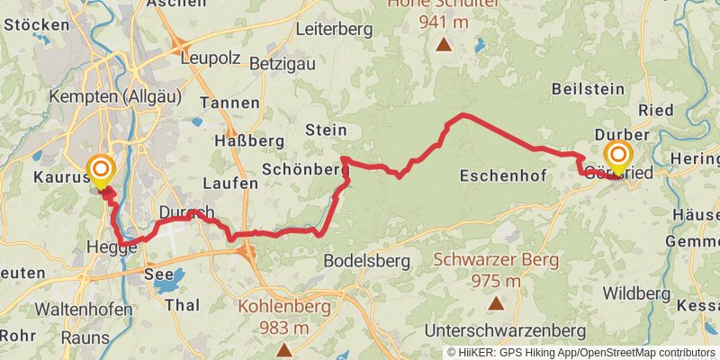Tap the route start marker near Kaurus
pyautogui.click(x=100, y=168)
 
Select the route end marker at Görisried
pyautogui.click(x=617, y=155)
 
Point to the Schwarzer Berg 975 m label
pyautogui.click(x=495, y=270)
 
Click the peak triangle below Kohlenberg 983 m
pyautogui.click(x=285, y=349)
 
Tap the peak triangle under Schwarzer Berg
pyautogui.click(x=495, y=303)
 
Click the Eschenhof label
pyautogui.click(x=503, y=175)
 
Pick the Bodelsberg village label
pyautogui.click(x=366, y=261)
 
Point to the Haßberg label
pyautogui.click(x=249, y=140)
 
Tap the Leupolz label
pyautogui.click(x=211, y=58)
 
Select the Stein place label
pyautogui.click(x=326, y=130)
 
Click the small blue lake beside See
pyautogui.click(x=166, y=284)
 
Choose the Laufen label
pyautogui.click(x=230, y=183)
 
